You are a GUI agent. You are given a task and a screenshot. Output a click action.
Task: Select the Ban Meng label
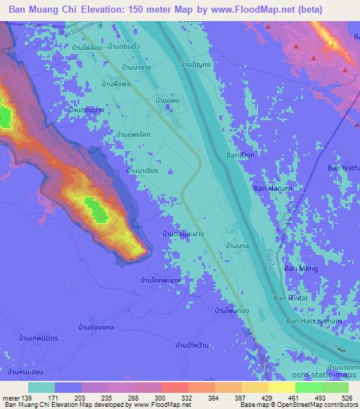pos(296,268)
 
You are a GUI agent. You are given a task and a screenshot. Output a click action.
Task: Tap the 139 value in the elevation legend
pos(26,398)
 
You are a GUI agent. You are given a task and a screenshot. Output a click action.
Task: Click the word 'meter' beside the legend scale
pos(10,398)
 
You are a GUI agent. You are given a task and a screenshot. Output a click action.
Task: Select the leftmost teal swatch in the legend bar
pos(41,387)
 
